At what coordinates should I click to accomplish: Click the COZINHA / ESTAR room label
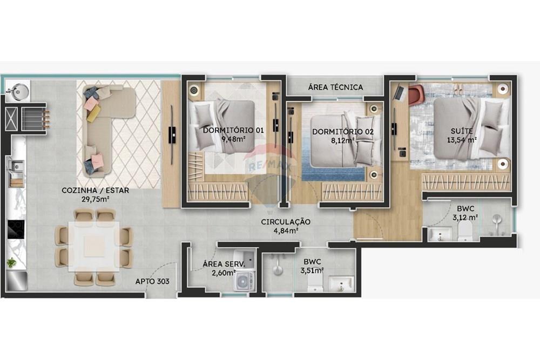coord(95,191)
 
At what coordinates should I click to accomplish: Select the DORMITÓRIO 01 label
coord(226,131)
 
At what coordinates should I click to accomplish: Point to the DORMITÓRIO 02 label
coord(335,132)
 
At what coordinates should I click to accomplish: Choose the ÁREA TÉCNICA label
coord(335,87)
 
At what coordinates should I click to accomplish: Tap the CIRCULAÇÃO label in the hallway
coord(286,222)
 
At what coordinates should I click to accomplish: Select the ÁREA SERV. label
coord(224,264)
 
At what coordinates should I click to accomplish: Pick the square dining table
coord(94,247)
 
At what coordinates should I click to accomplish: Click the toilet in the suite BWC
coord(464,233)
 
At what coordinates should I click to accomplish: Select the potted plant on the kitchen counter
coord(11,263)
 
